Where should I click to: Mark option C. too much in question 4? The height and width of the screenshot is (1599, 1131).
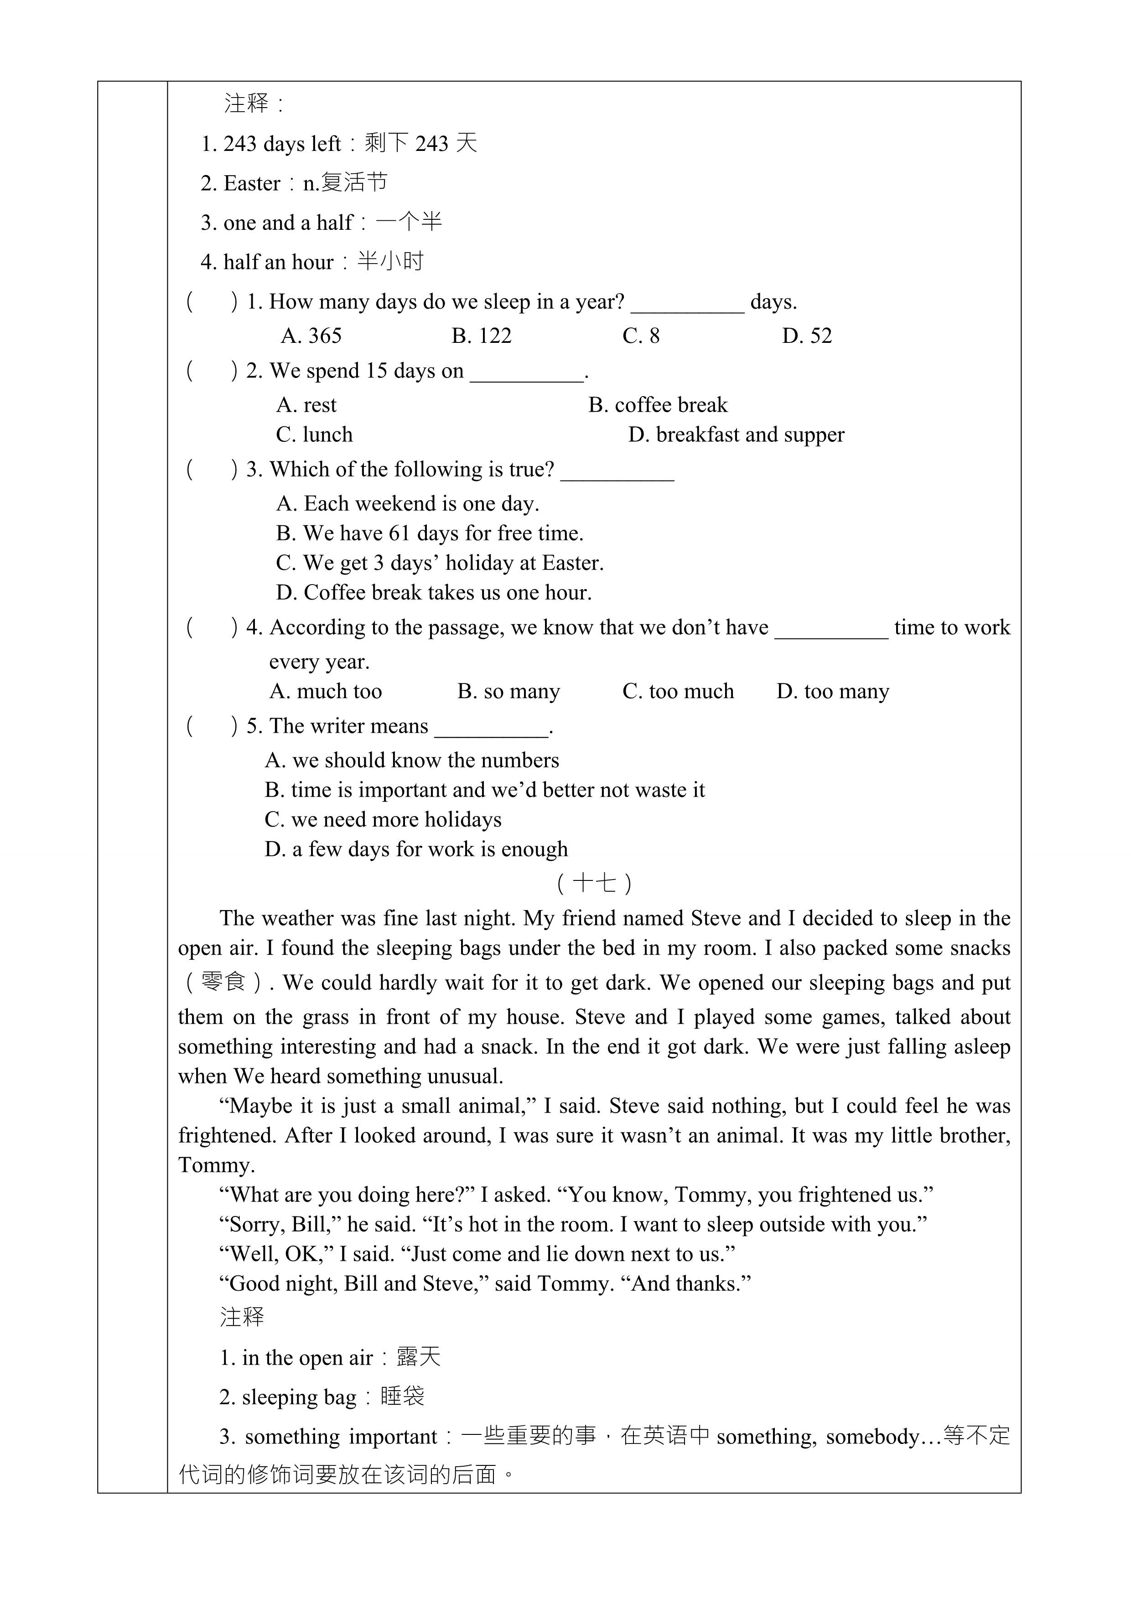(678, 692)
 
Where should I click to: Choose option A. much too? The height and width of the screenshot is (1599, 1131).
(326, 692)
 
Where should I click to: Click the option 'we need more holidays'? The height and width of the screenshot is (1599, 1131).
(383, 820)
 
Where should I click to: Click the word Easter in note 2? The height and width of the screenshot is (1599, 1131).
(251, 184)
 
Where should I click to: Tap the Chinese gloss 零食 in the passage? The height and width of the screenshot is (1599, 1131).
(223, 983)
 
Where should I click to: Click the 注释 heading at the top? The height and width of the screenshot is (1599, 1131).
(247, 104)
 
